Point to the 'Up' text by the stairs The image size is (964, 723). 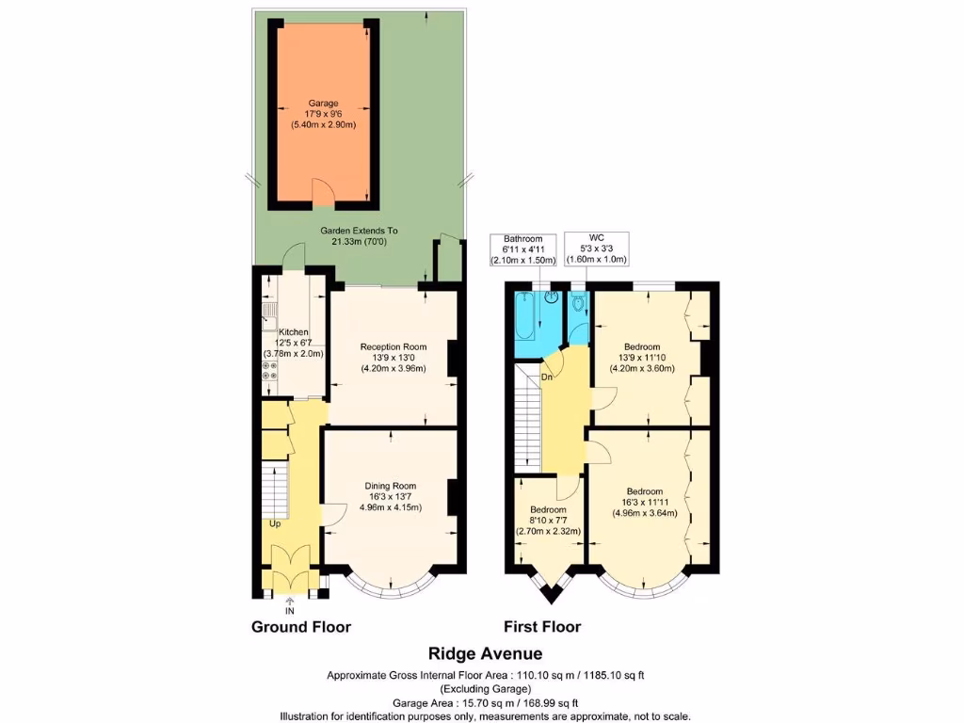coord(275,523)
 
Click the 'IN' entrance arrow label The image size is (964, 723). coord(289,610)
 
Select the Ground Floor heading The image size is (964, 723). coord(300,627)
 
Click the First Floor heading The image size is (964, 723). coord(542,627)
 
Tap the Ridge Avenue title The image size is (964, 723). coord(485,652)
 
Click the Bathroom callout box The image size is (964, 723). coord(523,249)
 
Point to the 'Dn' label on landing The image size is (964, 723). coord(547,378)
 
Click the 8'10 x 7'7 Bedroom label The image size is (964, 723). coord(548,520)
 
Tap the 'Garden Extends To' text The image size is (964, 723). coord(359,231)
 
